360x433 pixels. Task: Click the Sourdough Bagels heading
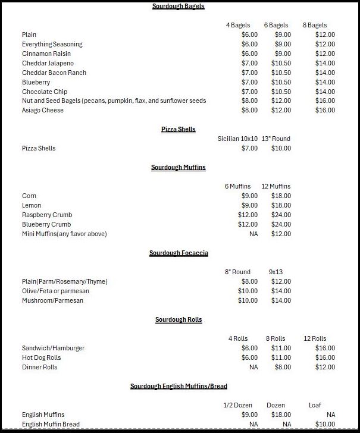[x=178, y=6]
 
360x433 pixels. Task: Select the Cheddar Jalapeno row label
[x=48, y=63]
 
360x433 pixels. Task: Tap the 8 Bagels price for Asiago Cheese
[x=325, y=111]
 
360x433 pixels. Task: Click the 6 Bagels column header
[x=276, y=25]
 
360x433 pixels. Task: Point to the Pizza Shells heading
[x=178, y=129]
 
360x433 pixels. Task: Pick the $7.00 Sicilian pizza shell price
[x=249, y=148]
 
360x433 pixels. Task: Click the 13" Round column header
[x=276, y=139]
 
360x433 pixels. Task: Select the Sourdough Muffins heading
[x=178, y=167]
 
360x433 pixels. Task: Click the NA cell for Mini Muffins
[x=253, y=234]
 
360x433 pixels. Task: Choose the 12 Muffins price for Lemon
[x=281, y=205]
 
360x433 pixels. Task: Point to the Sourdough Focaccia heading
[x=179, y=253]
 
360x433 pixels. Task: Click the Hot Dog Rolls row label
[x=42, y=357]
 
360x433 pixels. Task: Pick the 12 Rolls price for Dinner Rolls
[x=325, y=367]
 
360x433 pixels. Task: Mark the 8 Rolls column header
[x=276, y=338]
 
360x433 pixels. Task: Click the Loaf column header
[x=315, y=405]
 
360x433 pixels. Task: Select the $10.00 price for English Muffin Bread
[x=325, y=424]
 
